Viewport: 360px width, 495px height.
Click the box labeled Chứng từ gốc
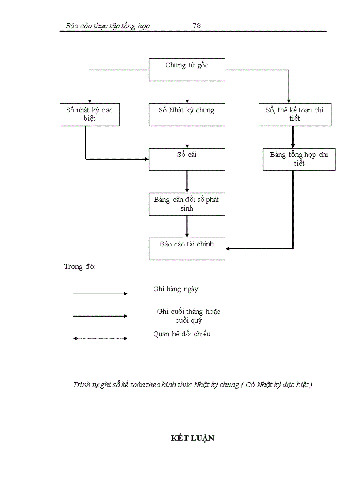point(187,70)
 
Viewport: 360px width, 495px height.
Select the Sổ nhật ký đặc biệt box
point(90,114)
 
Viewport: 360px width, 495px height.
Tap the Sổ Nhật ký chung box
point(187,114)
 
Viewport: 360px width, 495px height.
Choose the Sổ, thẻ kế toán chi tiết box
point(295,114)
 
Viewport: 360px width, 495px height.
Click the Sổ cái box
point(187,159)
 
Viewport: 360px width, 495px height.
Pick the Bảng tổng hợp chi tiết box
point(299,159)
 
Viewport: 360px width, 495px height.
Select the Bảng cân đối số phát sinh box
point(187,204)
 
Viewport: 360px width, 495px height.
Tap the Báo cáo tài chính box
point(187,249)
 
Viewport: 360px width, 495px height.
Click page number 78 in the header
point(197,26)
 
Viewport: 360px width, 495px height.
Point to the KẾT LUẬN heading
point(192,438)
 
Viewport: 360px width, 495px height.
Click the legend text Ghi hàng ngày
point(176,289)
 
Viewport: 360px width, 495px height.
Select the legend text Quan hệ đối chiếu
point(182,334)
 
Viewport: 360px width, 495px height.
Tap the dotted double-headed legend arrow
point(100,339)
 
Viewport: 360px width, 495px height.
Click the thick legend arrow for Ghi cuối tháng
point(100,316)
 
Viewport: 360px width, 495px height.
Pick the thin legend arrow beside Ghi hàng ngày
point(100,294)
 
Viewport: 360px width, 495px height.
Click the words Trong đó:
point(80,267)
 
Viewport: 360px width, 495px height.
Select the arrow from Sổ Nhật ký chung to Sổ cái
point(187,137)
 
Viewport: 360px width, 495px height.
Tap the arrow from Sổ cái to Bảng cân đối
point(187,181)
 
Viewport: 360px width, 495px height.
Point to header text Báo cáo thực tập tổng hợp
point(108,26)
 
